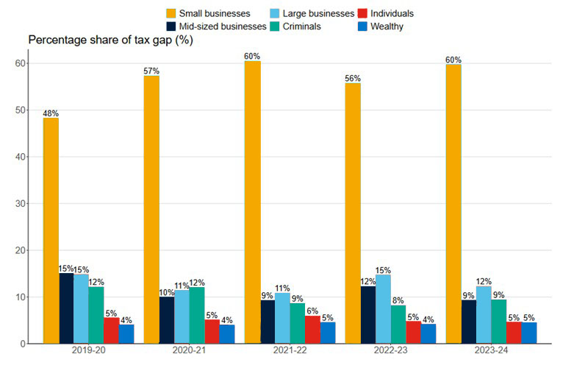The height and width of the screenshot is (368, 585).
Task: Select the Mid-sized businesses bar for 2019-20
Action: tap(66, 308)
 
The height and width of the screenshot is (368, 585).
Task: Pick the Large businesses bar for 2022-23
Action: tap(382, 309)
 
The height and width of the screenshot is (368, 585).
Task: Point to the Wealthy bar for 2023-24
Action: tap(529, 333)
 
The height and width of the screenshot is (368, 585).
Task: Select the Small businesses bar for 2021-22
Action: tap(252, 202)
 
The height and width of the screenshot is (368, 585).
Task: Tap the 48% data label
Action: tap(51, 113)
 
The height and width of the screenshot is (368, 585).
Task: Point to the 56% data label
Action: tap(353, 78)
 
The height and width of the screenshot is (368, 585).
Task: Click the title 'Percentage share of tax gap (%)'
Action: tap(109, 40)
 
